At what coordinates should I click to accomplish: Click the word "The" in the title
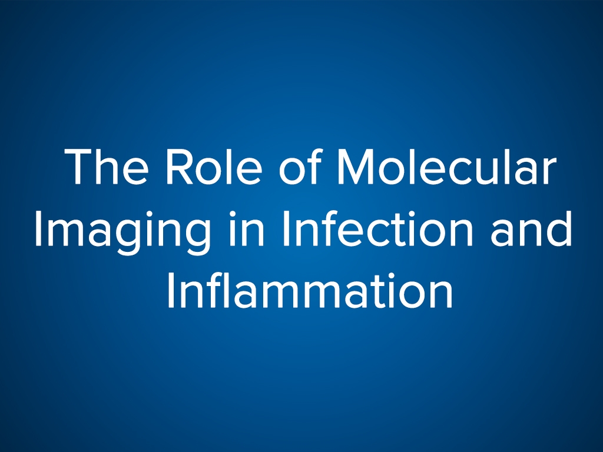coord(107,167)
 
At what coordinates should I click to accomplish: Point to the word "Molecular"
coord(447,166)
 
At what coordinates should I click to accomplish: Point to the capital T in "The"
coord(79,167)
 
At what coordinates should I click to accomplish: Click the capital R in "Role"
coord(178,167)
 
